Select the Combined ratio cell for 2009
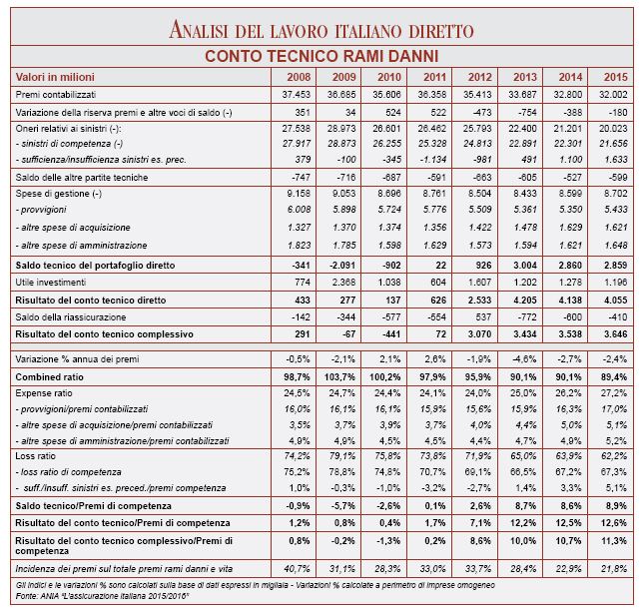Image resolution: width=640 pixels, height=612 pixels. [x=341, y=375]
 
